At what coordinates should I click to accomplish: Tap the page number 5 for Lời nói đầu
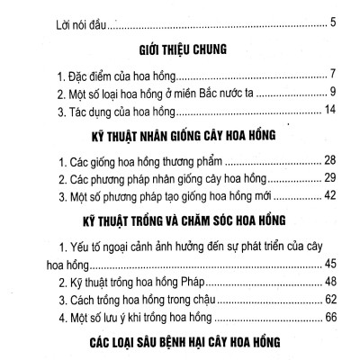[x=333, y=19]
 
